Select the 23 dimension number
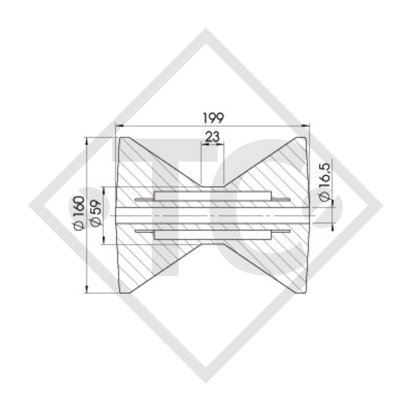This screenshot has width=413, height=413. tap(212, 137)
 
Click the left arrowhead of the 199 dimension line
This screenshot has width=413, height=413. tap(119, 125)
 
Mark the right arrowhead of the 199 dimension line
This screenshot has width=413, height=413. tap(306, 125)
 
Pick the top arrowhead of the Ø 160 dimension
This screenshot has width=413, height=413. tap(86, 140)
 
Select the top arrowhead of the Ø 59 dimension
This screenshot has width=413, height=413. tap(104, 190)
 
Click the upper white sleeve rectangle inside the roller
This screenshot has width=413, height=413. tap(212, 196)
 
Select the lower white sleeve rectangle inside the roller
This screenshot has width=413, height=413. tap(212, 236)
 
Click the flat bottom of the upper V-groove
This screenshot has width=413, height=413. tap(212, 186)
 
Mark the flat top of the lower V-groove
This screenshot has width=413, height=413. tap(212, 245)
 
